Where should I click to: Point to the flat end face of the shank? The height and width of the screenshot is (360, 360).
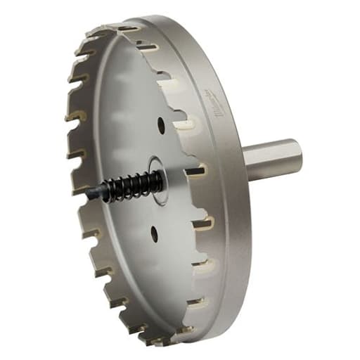(296, 156)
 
